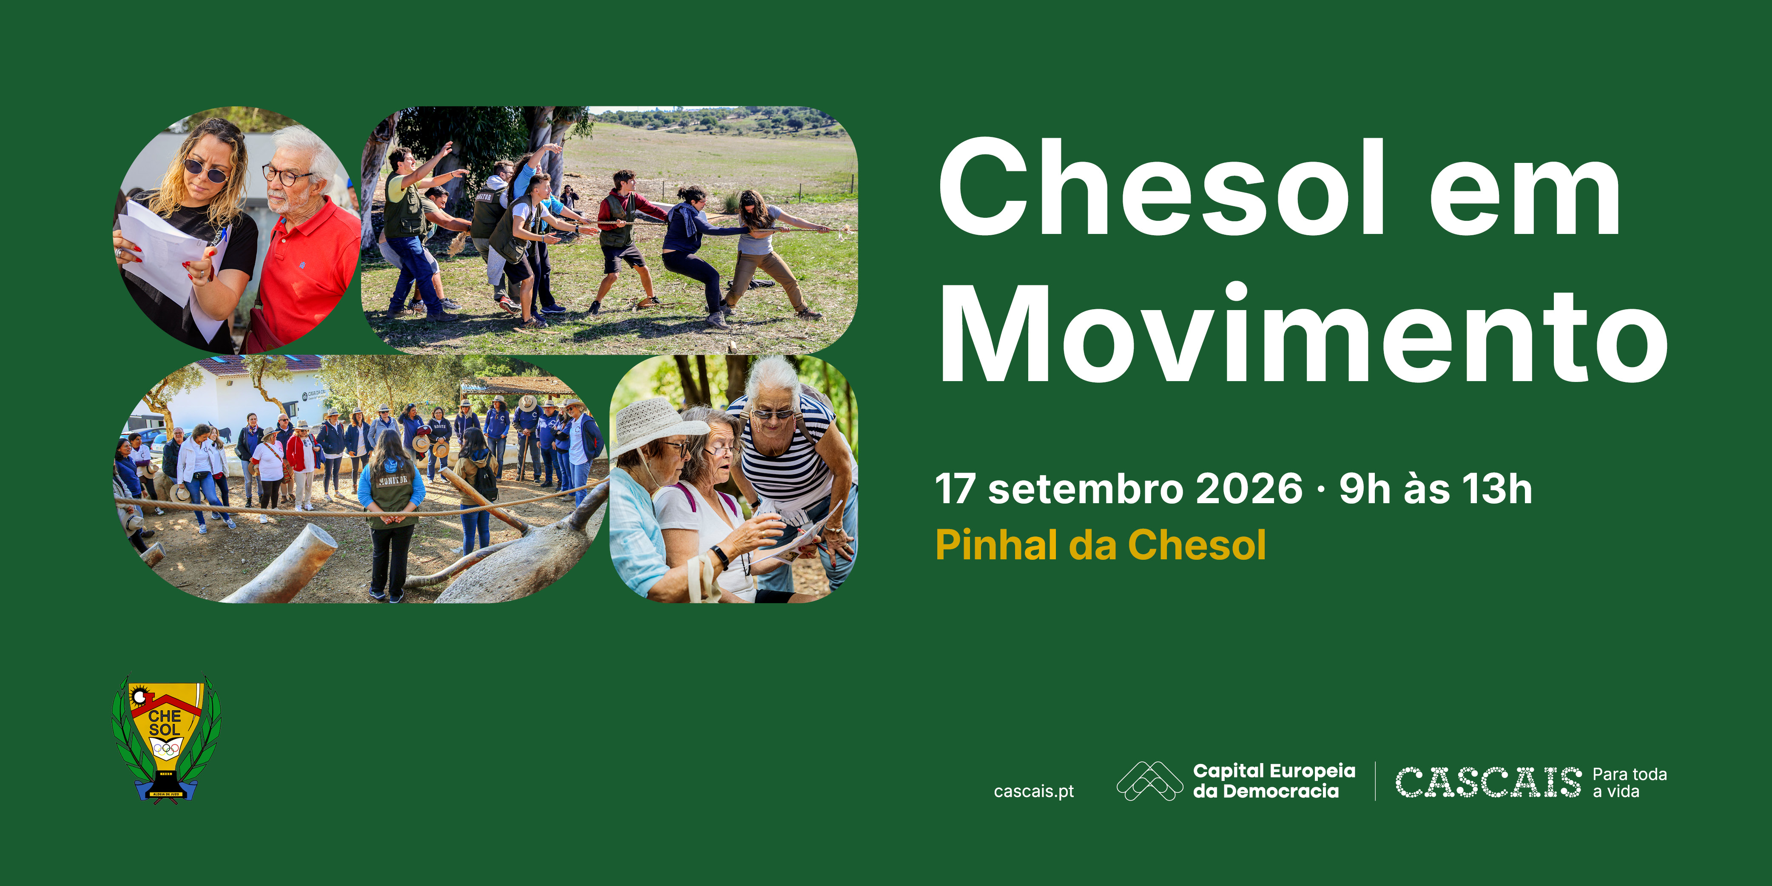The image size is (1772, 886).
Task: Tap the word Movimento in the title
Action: (x=1303, y=333)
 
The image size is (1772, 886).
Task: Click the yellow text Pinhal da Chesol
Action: (x=1101, y=545)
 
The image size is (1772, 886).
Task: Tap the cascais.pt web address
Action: (x=1034, y=792)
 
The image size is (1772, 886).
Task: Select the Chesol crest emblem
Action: (x=166, y=738)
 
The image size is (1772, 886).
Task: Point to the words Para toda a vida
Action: (x=1630, y=783)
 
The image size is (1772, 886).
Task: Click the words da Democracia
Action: (x=1266, y=792)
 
